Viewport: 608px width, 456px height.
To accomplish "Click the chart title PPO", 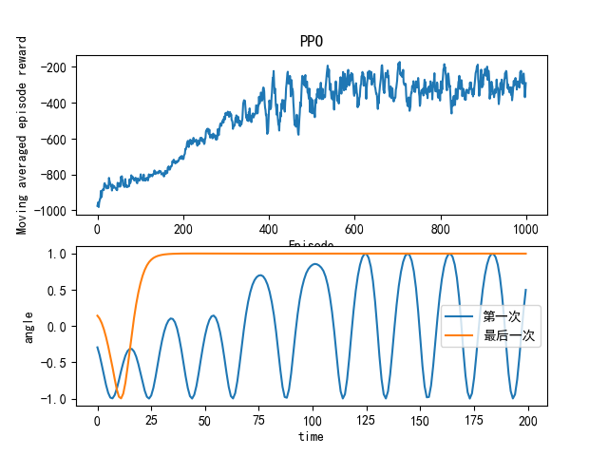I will [311, 43].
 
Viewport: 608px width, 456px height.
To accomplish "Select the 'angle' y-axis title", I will [30, 326].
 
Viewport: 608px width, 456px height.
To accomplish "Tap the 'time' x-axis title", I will [311, 436].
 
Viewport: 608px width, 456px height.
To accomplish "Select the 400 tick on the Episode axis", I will [269, 229].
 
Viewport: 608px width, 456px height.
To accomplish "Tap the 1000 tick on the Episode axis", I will [525, 229].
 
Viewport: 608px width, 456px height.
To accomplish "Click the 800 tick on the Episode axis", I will [440, 229].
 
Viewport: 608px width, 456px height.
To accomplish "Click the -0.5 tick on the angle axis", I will [56, 363].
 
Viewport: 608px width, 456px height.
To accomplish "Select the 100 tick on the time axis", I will [313, 419].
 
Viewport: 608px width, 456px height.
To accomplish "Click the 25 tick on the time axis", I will [151, 419].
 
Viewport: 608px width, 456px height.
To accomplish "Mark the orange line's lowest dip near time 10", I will [120, 398].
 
